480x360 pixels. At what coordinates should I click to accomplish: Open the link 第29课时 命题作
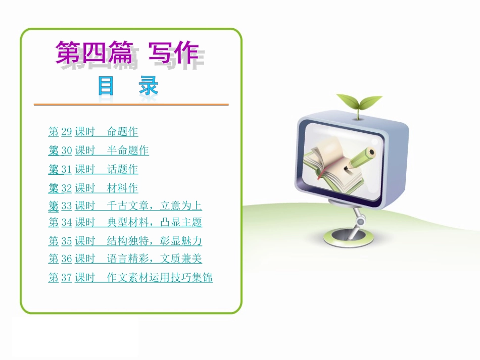click(93, 132)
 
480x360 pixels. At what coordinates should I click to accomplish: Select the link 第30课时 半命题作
click(99, 150)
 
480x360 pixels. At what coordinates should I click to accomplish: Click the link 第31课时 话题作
click(93, 169)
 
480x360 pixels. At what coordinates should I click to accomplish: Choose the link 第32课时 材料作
click(93, 188)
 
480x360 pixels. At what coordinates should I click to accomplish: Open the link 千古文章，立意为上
click(155, 205)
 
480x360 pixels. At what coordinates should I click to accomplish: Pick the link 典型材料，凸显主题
click(155, 222)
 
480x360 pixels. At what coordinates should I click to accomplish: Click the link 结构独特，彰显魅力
click(155, 241)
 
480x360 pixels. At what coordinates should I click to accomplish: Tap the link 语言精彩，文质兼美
click(155, 259)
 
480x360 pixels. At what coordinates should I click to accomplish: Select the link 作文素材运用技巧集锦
click(160, 277)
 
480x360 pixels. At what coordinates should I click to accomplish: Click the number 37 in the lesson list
click(66, 277)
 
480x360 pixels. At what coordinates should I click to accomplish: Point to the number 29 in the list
click(66, 132)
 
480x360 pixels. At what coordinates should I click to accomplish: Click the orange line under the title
click(131, 105)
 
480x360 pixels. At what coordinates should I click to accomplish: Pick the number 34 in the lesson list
click(66, 222)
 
